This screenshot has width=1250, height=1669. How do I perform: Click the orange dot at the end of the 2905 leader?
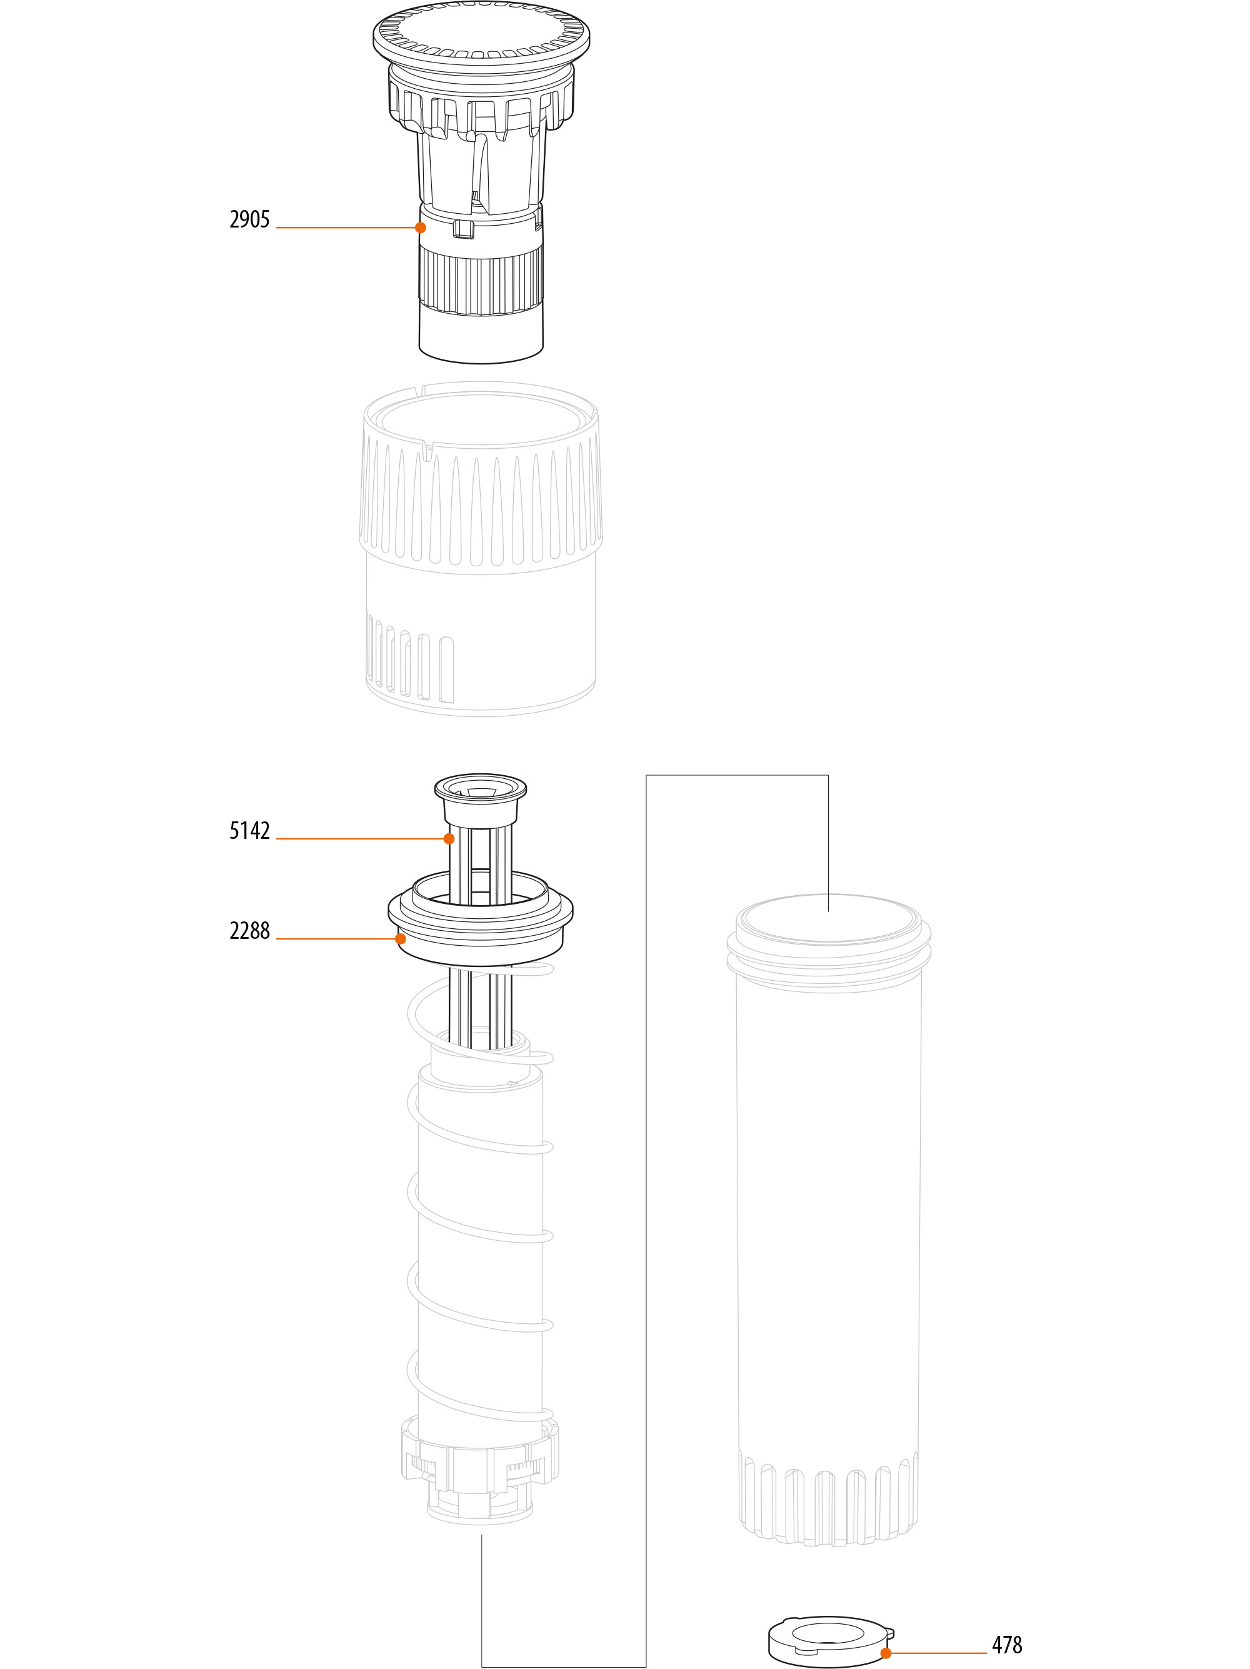click(x=420, y=227)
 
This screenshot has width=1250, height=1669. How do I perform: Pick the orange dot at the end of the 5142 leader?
click(x=449, y=838)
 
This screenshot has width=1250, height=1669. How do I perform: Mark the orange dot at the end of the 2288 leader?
click(x=401, y=939)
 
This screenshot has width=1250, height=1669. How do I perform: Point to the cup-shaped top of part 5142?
click(x=481, y=799)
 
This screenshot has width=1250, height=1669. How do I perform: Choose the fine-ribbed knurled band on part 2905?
click(x=481, y=283)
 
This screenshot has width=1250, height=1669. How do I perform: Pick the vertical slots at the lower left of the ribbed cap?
click(x=411, y=657)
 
